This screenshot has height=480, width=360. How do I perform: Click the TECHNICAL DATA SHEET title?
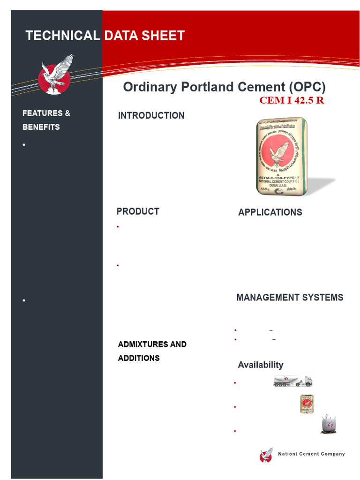[105, 36]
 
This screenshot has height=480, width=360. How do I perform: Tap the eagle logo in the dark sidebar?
[55, 75]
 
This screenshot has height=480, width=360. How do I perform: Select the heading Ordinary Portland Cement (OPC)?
[224, 87]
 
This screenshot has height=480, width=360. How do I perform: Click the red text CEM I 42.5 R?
[292, 100]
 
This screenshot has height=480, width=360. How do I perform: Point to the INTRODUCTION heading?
[151, 115]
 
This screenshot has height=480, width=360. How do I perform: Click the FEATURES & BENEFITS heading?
[46, 120]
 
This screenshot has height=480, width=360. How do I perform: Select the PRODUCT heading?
[138, 211]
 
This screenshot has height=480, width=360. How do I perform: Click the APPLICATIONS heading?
[270, 212]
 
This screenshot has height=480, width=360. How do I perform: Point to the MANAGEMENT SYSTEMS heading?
[290, 298]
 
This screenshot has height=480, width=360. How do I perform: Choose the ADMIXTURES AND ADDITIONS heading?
[152, 351]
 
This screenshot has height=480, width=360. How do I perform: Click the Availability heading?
[260, 365]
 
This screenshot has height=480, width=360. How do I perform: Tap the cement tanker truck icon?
[292, 381]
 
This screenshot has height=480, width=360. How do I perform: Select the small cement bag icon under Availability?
[307, 404]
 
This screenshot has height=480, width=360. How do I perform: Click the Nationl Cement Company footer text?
[311, 454]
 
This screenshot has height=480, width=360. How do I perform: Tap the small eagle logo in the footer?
[266, 455]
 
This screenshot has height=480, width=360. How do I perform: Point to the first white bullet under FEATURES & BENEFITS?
[24, 145]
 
